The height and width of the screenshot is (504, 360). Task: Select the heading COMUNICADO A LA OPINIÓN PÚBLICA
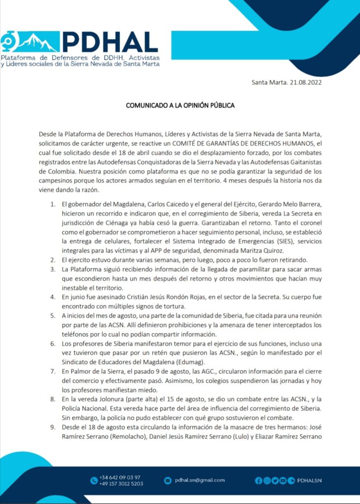click(x=180, y=105)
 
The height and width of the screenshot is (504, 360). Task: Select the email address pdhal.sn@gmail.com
click(x=200, y=480)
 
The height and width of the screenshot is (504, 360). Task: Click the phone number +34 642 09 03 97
click(x=120, y=477)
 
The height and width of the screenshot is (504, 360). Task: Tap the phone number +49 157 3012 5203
click(x=121, y=483)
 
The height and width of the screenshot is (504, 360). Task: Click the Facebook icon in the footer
click(x=259, y=480)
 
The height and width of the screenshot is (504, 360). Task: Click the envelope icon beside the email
click(x=168, y=480)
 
